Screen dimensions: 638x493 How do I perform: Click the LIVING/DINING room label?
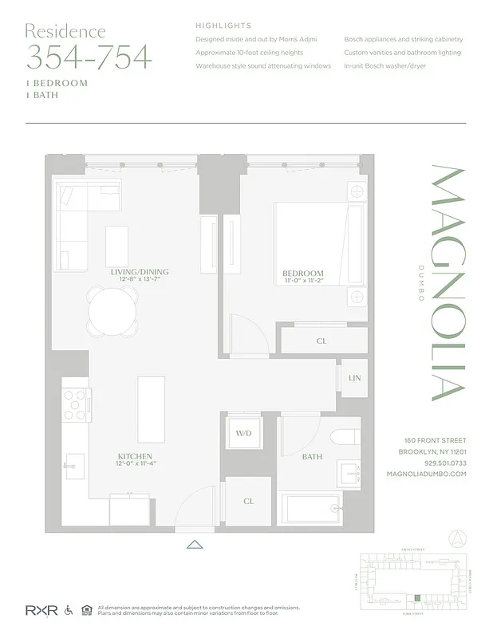[x=140, y=272]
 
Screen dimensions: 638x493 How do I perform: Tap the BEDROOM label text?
[x=303, y=273]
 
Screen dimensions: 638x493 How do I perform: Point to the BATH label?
[x=312, y=457]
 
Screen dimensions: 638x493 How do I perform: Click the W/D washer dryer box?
[x=243, y=435]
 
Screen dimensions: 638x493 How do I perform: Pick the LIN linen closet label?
[x=353, y=377]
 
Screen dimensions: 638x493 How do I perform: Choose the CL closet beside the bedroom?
[x=321, y=341]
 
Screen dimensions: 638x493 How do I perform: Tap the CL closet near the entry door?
[x=248, y=501]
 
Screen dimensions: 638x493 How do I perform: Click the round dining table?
[x=112, y=311]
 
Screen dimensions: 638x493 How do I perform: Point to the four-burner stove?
[x=77, y=404]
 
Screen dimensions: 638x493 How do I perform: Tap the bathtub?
[x=312, y=509]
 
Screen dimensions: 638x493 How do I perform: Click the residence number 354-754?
[x=89, y=57]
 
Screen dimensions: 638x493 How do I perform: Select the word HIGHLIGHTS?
[x=223, y=26]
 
